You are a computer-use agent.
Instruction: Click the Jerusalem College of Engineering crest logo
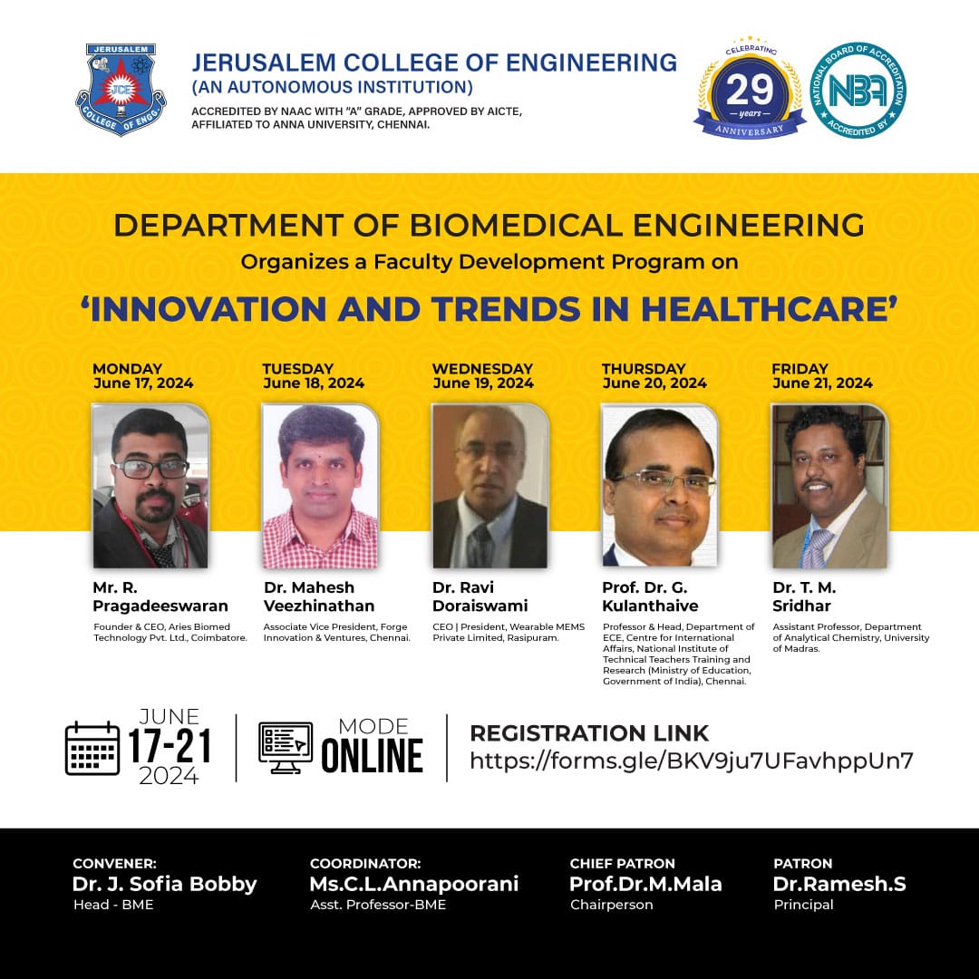[x=121, y=89]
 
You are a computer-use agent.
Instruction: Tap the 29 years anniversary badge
[x=750, y=88]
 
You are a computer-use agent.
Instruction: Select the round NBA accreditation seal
[x=858, y=90]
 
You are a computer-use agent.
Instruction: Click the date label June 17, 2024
[x=143, y=383]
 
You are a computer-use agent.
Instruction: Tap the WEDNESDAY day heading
[x=482, y=368]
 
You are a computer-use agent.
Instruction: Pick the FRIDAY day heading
[x=800, y=368]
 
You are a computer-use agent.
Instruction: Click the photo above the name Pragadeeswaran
[x=150, y=486]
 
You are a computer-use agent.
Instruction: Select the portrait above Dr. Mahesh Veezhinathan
[x=320, y=486]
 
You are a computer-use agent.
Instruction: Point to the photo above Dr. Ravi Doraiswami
[x=490, y=486]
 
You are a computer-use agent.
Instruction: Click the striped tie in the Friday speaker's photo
[x=817, y=548]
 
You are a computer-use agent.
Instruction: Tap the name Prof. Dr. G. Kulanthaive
[x=650, y=596]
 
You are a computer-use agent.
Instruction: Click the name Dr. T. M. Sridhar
[x=804, y=596]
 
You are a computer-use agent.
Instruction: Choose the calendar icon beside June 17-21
[x=92, y=748]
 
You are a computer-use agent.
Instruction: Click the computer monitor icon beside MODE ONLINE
[x=286, y=747]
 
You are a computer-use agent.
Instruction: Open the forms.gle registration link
[x=691, y=761]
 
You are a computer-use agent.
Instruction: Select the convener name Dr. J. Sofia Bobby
[x=165, y=884]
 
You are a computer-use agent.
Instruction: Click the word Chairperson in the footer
[x=611, y=905]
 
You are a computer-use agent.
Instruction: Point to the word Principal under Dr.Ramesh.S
[x=803, y=905]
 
